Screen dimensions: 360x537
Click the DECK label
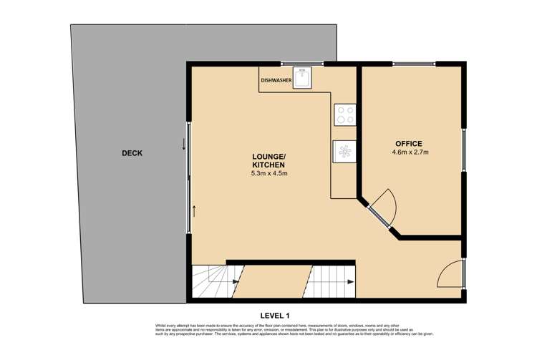tap(132, 152)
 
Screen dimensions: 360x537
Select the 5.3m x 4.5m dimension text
tap(269, 173)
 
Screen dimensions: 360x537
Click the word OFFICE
tap(408, 143)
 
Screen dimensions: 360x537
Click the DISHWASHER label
tap(276, 81)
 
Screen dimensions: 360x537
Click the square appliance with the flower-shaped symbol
tap(344, 151)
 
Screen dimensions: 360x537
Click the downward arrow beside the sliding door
tap(184, 143)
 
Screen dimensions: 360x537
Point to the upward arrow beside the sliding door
tap(193, 210)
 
